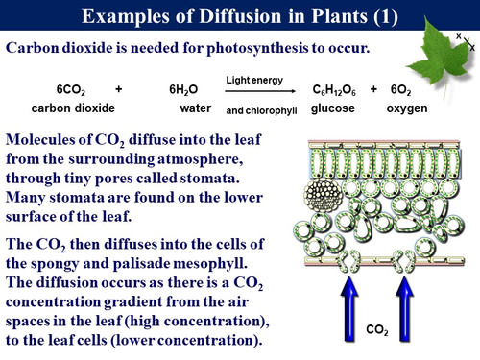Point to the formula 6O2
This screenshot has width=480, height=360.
point(401,89)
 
